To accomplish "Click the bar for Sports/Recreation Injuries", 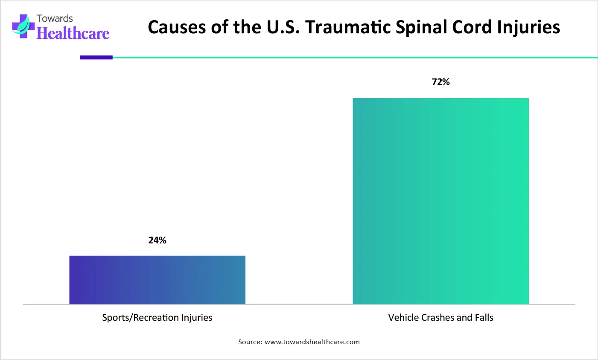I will coord(157,280).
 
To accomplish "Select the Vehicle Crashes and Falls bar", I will coord(440,201).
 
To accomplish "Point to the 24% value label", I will coord(157,240).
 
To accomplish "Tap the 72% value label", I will coord(440,82).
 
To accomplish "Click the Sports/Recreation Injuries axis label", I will coord(157,318).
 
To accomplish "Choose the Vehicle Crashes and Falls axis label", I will coord(440,318).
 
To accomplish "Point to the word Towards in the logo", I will coord(55,18).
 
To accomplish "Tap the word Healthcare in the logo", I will coord(73,33).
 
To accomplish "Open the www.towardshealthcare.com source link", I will coord(312,342).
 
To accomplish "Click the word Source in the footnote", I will coord(250,342).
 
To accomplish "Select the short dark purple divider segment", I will coord(96,57).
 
